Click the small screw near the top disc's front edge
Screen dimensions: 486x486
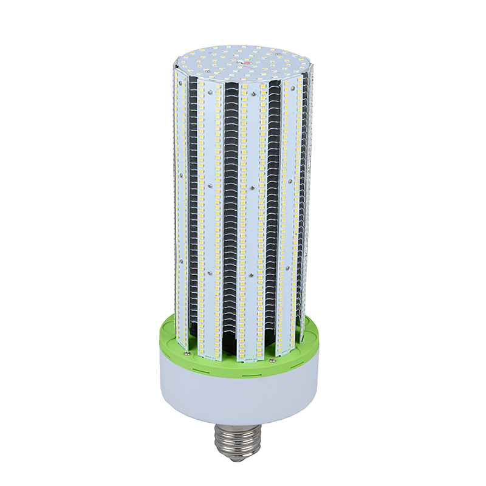[x=248, y=79]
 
